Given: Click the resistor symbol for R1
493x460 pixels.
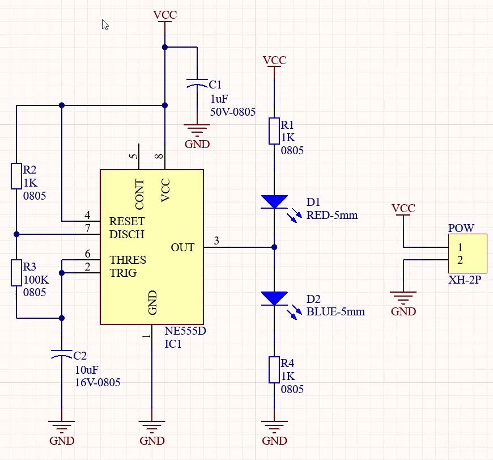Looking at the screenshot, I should pos(274,131).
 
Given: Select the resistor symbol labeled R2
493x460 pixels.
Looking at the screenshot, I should pos(17,176).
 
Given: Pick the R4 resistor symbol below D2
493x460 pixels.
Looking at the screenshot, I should pos(274,370).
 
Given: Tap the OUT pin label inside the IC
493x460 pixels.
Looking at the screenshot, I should pos(182,247).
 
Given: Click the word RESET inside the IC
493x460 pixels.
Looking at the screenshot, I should pos(127,221).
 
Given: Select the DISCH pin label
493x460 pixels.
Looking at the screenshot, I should pos(126,234).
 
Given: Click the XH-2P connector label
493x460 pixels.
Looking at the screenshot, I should pos(465,280).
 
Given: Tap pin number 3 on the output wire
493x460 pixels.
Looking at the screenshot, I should pos(216,241).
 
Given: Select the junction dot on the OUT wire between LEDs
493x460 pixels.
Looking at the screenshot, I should pos(274,247).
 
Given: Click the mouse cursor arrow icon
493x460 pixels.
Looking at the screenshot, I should pos(105,25).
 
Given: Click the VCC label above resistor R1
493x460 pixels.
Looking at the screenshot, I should pos(274,60).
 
